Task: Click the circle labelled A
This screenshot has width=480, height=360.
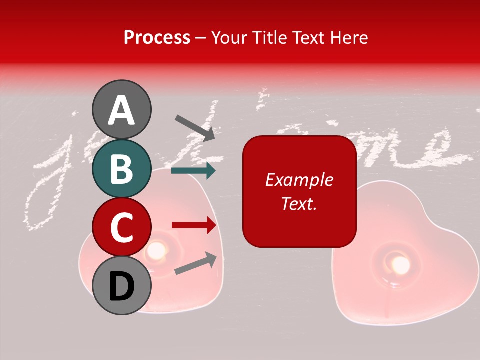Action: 121,109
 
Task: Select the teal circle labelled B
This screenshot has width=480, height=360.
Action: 121,168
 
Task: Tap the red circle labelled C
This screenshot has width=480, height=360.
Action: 121,227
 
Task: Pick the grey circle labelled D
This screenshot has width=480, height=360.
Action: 121,286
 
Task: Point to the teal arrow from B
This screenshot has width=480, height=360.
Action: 193,171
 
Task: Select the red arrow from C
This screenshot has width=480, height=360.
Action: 194,225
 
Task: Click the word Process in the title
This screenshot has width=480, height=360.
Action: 157,37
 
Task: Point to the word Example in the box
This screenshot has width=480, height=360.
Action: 299,180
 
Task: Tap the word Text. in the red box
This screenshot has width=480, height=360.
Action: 299,203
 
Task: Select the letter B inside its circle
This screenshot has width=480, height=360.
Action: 121,168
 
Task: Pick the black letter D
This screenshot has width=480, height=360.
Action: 121,286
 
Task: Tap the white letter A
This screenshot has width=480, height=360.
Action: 121,110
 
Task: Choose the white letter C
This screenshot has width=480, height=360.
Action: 121,227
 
